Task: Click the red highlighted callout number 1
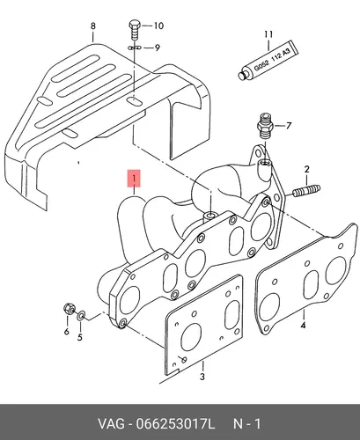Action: point(134,178)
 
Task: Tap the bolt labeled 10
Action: point(135,30)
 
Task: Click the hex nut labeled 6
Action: point(67,309)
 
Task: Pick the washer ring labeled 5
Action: point(81,316)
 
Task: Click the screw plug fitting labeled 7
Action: point(265,126)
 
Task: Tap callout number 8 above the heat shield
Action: point(92,26)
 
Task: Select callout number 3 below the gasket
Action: point(202,377)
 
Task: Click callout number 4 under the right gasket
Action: point(303,325)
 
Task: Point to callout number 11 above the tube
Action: point(268,34)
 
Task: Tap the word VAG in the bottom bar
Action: point(111,424)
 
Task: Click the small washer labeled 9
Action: point(135,48)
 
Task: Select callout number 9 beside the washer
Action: point(158,48)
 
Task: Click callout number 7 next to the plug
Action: point(289,126)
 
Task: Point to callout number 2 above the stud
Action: point(306,169)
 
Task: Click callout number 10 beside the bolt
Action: point(158,26)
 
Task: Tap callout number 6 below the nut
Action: point(67,332)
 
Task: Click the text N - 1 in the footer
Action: point(247,424)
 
